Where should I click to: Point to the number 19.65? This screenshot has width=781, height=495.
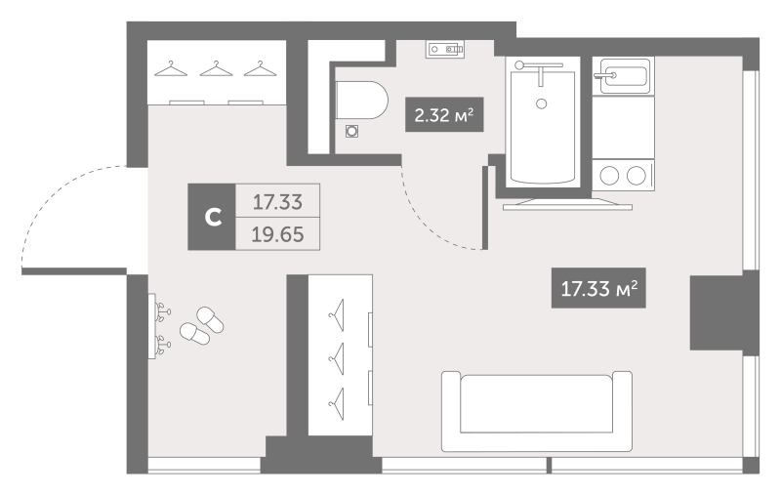coord(278,236)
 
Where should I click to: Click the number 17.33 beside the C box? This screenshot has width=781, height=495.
coord(278,203)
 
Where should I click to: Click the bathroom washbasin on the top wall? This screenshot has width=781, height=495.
coord(445,49)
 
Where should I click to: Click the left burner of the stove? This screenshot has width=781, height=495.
coord(612,176)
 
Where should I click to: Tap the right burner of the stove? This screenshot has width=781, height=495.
coord(637,176)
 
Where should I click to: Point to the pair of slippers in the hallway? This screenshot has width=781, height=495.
coord(200,325)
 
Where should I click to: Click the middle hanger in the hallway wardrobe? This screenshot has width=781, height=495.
coord(339,351)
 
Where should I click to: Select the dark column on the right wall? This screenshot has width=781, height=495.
coord(715,312)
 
